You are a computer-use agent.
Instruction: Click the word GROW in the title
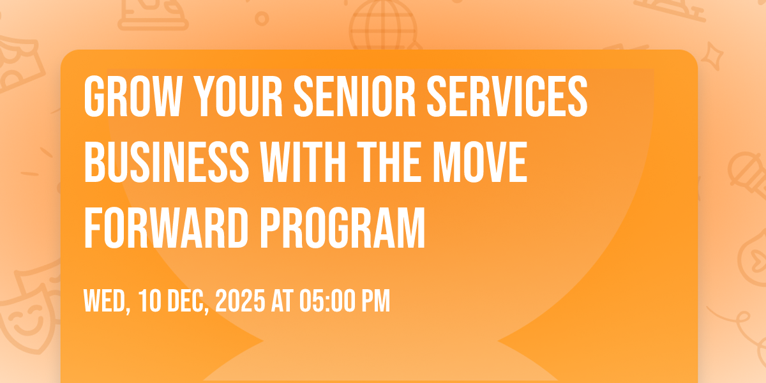tap(133, 96)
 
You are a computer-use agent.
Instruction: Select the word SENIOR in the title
tap(355, 96)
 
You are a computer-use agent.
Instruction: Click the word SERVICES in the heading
tap(507, 96)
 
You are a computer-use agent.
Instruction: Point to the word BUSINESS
tap(167, 162)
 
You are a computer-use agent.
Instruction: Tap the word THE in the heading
tap(389, 162)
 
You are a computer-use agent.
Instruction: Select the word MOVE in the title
tap(480, 162)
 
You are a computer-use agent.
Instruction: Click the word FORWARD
tap(166, 228)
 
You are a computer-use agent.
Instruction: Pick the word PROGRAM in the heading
tap(342, 228)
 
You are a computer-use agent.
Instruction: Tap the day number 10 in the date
tap(150, 301)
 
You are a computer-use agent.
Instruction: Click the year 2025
tap(241, 301)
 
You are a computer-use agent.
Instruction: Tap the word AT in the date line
tap(282, 301)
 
